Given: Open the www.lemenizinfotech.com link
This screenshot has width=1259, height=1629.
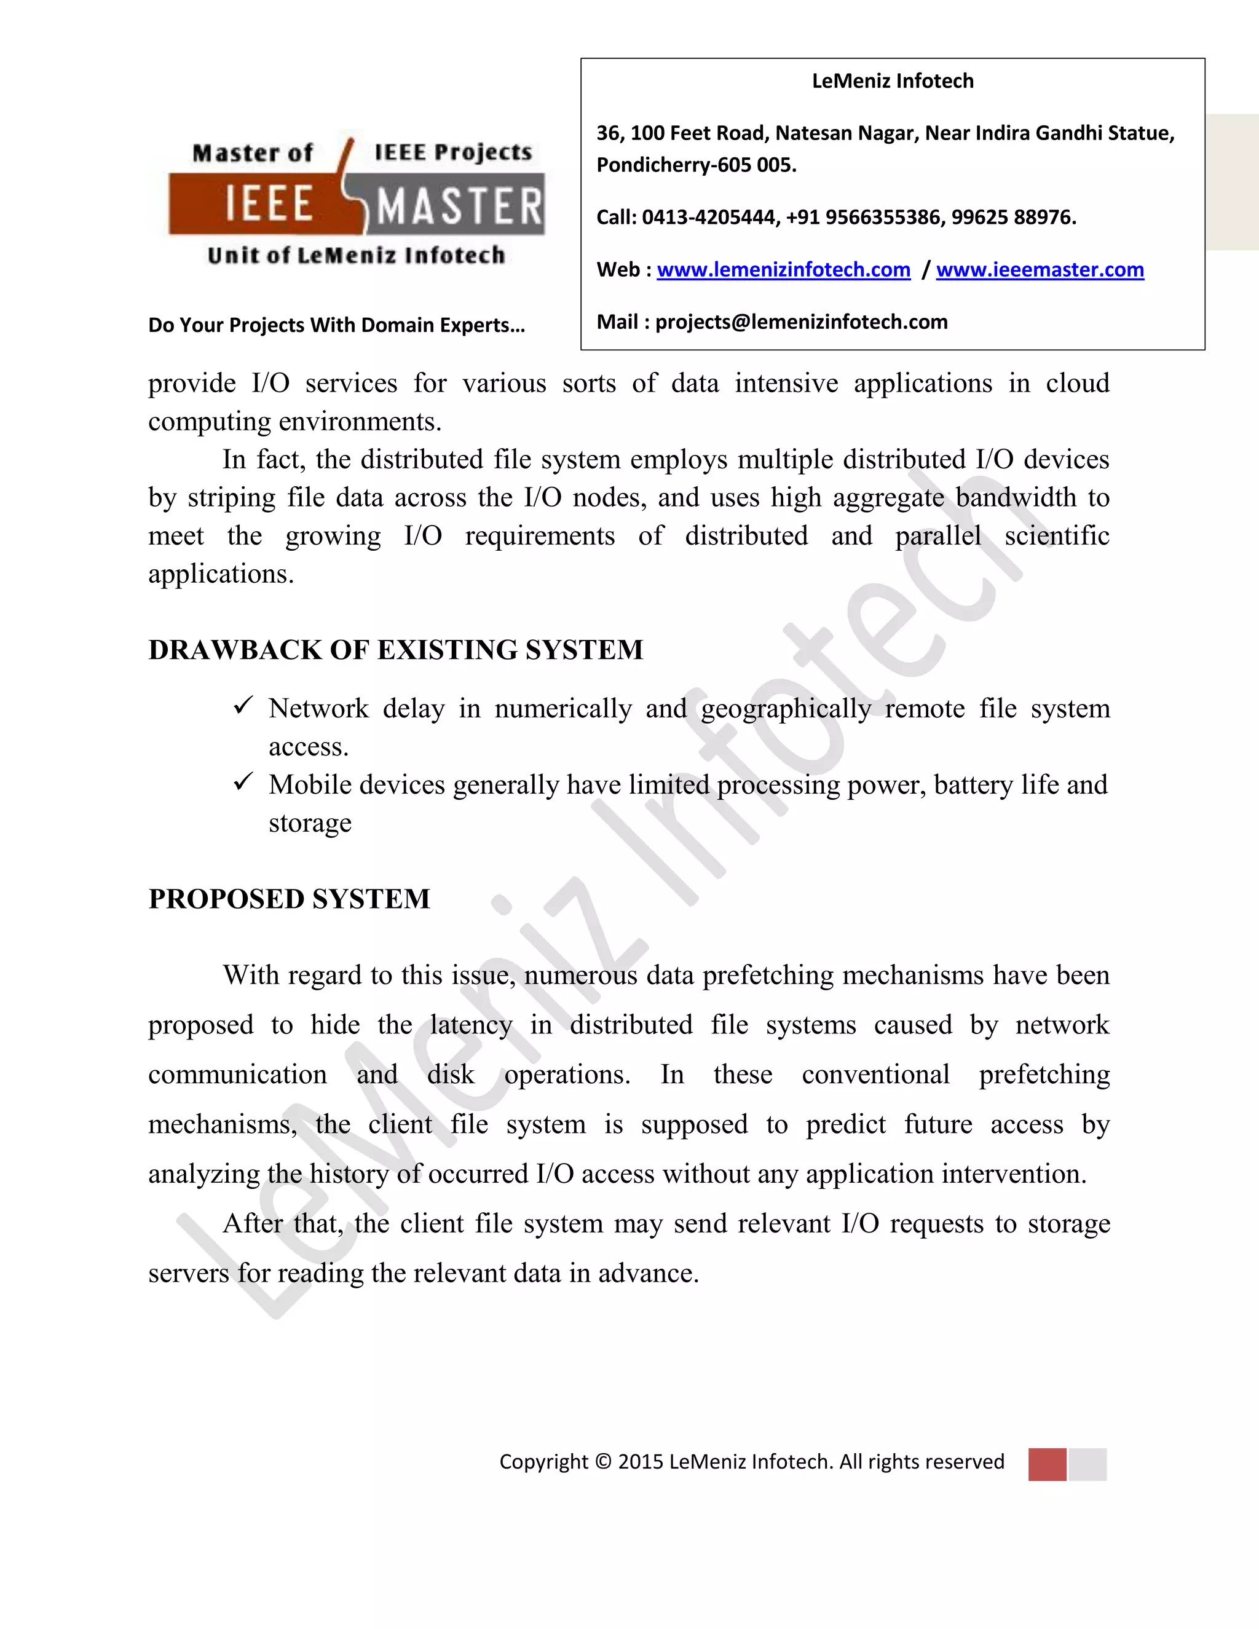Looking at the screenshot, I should pyautogui.click(x=783, y=270).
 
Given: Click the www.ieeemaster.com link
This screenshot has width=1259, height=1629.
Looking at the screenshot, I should pyautogui.click(x=1040, y=270).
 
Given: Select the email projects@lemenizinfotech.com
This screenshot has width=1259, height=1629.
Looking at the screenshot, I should pyautogui.click(x=801, y=322).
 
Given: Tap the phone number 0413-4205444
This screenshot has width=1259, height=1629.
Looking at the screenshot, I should pyautogui.click(x=709, y=218).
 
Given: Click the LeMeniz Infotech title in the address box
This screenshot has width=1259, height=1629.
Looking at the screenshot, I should pyautogui.click(x=892, y=81).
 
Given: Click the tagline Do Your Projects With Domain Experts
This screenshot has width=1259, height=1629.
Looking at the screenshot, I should pyautogui.click(x=336, y=325).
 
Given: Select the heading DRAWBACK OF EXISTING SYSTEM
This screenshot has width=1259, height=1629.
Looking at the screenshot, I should pyautogui.click(x=395, y=650).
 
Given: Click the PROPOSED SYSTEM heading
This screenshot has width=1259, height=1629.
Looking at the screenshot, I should pyautogui.click(x=290, y=899).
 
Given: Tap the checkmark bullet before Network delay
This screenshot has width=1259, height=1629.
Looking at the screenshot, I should pyautogui.click(x=243, y=705).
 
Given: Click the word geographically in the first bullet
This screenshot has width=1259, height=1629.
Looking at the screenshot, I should pyautogui.click(x=786, y=709).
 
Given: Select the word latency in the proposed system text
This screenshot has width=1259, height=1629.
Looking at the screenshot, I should pyautogui.click(x=471, y=1025).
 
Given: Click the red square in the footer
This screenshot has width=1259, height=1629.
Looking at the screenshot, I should pyautogui.click(x=1046, y=1464).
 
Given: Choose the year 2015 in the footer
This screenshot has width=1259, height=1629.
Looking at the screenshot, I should pyautogui.click(x=640, y=1462).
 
